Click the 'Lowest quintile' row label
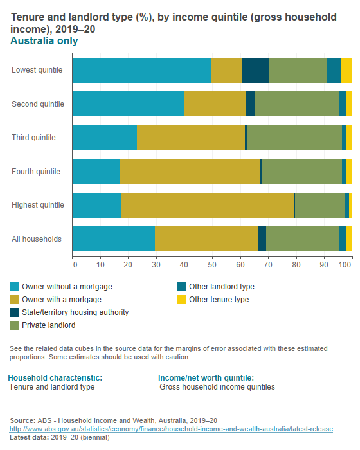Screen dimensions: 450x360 pos(37,70)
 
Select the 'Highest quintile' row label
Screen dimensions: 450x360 pos(38,205)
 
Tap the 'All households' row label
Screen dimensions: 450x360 pos(37,239)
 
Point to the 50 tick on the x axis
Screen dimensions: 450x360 pos(212,264)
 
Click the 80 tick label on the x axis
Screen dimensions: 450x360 pos(295,264)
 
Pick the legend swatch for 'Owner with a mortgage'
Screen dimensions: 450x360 pos(14,300)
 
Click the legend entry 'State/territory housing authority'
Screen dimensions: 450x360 pos(75,312)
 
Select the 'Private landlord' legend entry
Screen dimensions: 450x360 pos(49,325)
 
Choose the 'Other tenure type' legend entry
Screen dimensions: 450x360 pos(219,300)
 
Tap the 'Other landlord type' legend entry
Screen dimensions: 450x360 pos(221,287)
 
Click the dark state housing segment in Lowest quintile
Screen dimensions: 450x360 pos(256,70)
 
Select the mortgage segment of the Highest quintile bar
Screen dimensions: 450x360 pos(208,205)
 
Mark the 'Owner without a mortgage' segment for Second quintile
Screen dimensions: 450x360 pos(128,104)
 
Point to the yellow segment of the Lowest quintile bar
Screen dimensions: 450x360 pos(346,70)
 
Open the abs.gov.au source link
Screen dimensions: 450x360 pos(170,429)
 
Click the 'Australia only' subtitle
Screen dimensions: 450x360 pos(44,41)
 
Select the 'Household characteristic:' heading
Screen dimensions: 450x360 pos(55,377)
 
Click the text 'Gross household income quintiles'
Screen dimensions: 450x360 pos(217,387)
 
